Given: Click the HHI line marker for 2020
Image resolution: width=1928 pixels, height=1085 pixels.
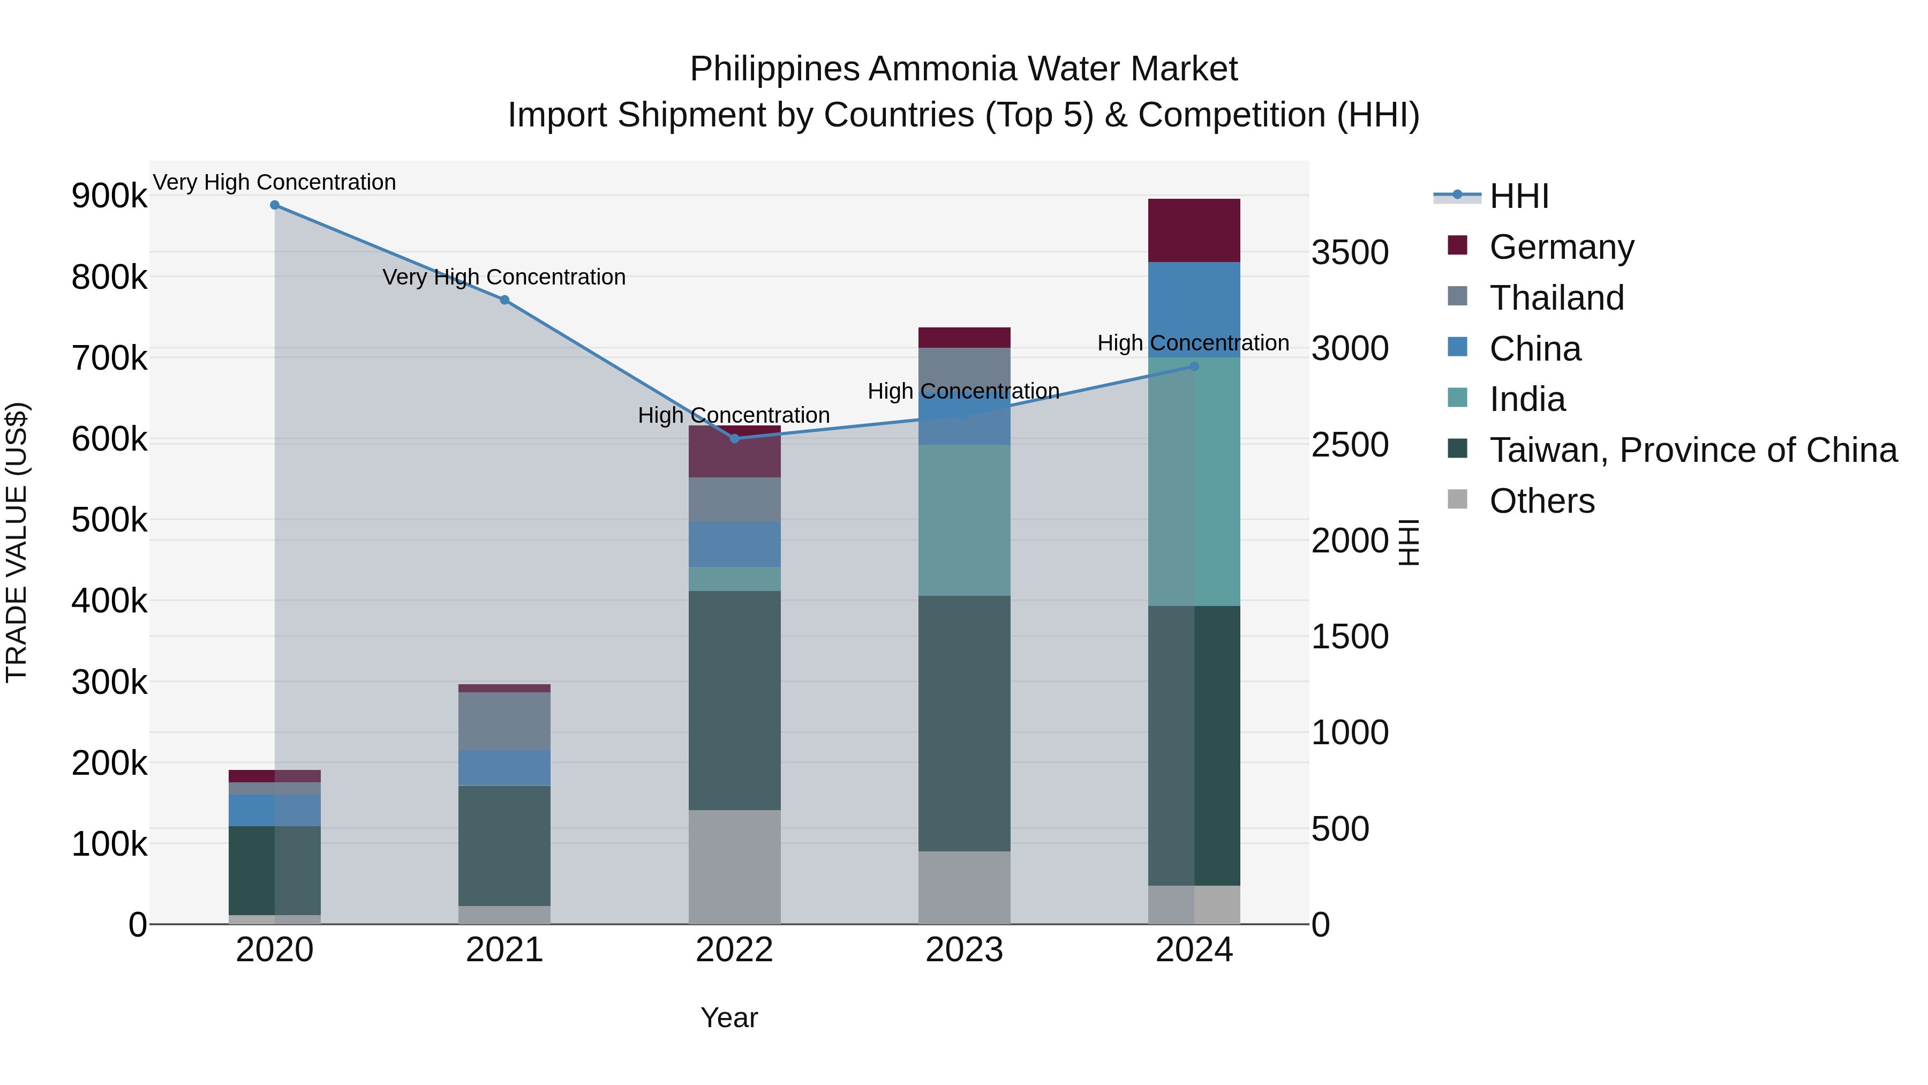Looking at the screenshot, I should (x=275, y=205).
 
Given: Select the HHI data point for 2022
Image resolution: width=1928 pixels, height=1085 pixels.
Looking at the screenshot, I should (x=734, y=439).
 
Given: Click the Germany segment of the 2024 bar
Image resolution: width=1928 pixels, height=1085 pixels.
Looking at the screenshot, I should (x=1194, y=230).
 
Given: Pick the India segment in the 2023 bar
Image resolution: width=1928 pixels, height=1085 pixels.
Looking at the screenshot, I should (x=964, y=520).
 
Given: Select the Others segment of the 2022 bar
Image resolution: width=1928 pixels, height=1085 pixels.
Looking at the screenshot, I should (x=734, y=867).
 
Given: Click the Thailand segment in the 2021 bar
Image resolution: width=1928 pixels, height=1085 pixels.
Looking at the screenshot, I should (x=504, y=721).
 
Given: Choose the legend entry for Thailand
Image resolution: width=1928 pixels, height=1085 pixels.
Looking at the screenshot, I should (x=1557, y=298).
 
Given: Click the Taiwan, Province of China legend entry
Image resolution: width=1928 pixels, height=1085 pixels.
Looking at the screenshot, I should (x=1693, y=450).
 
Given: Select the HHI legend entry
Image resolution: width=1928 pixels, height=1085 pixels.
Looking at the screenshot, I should (x=1519, y=196).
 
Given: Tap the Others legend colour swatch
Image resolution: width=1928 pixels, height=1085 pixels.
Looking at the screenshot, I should (x=1457, y=499).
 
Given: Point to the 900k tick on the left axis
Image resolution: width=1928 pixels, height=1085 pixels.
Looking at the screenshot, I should (x=109, y=196).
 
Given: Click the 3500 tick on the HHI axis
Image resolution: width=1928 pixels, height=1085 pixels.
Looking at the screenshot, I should (x=1350, y=252).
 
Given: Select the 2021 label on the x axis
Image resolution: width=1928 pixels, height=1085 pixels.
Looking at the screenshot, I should (x=504, y=950).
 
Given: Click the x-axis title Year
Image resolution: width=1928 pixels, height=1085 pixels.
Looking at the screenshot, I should (x=729, y=1017).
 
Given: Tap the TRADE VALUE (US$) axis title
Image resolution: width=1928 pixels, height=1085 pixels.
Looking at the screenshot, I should (x=17, y=542).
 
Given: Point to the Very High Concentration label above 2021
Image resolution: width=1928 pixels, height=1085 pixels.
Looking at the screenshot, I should (x=504, y=277).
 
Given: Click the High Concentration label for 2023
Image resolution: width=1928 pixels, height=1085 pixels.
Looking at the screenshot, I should (x=963, y=391).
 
